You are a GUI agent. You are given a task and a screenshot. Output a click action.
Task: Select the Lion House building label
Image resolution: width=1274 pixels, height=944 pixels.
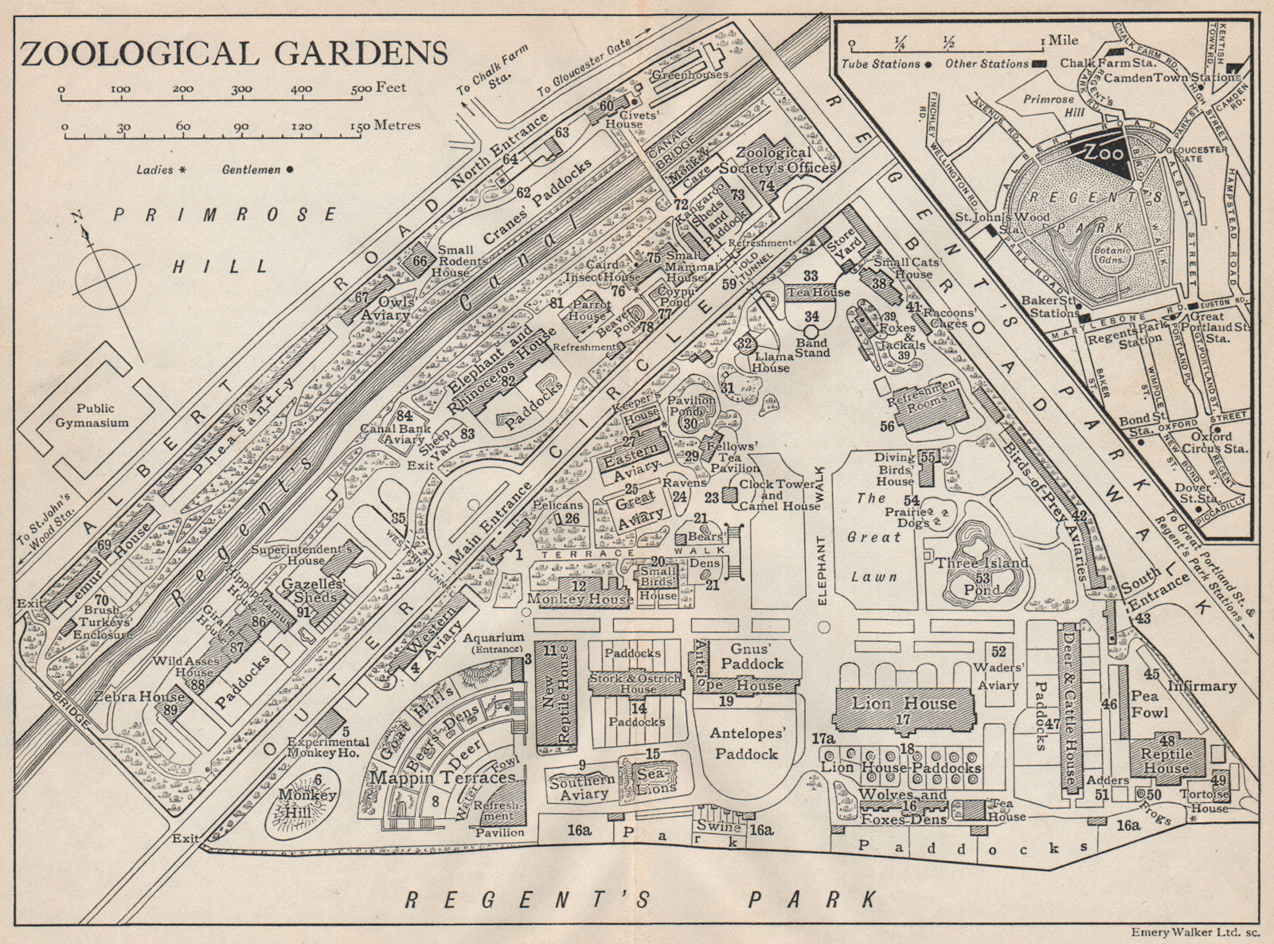[x=904, y=704]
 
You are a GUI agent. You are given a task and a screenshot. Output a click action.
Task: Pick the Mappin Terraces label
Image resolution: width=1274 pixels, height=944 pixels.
[x=442, y=777]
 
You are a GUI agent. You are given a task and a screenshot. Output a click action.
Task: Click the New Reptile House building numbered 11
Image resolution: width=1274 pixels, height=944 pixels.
[x=555, y=692]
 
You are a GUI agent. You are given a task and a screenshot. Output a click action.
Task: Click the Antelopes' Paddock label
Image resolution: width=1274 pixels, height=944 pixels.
[x=746, y=743]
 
